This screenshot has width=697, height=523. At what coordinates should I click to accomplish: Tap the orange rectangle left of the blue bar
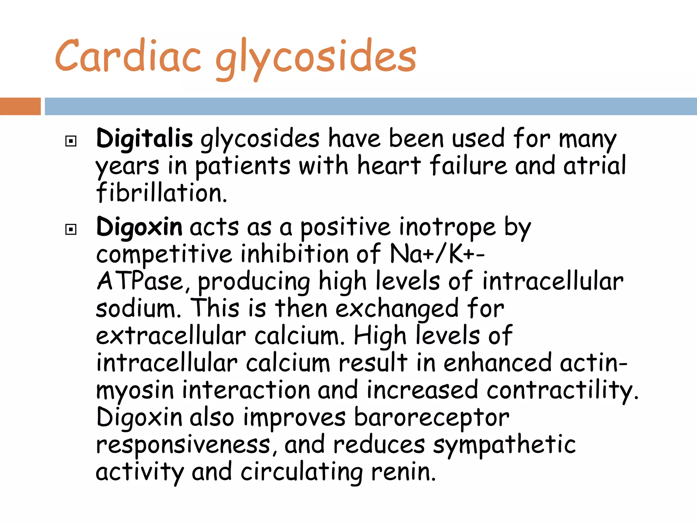click(x=20, y=106)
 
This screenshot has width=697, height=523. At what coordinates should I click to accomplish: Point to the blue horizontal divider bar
click(x=371, y=106)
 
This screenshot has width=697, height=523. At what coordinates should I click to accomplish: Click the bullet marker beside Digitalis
click(x=71, y=141)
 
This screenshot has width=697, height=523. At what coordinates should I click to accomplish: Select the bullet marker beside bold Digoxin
click(x=71, y=229)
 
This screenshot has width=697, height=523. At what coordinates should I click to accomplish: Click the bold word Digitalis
click(x=145, y=139)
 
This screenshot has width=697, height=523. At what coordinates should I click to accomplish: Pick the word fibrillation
click(x=161, y=193)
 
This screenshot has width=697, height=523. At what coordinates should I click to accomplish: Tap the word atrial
click(x=594, y=166)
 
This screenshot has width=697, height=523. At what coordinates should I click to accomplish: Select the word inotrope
click(x=448, y=227)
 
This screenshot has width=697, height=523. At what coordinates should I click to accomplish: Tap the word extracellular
click(x=171, y=336)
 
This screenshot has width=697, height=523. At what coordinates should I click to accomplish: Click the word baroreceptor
click(x=432, y=418)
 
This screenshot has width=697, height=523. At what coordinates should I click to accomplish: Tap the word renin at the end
click(x=403, y=472)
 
